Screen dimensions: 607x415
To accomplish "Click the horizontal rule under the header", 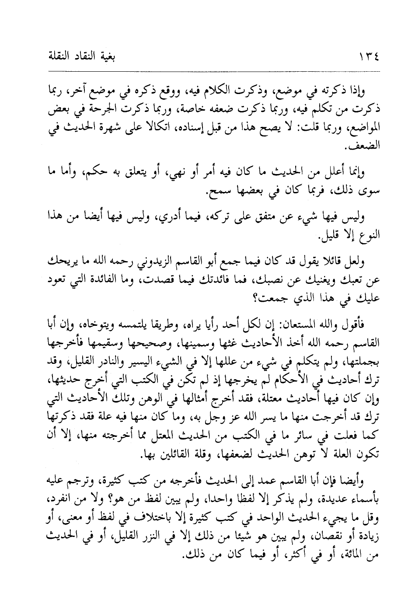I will tap(207, 72).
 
